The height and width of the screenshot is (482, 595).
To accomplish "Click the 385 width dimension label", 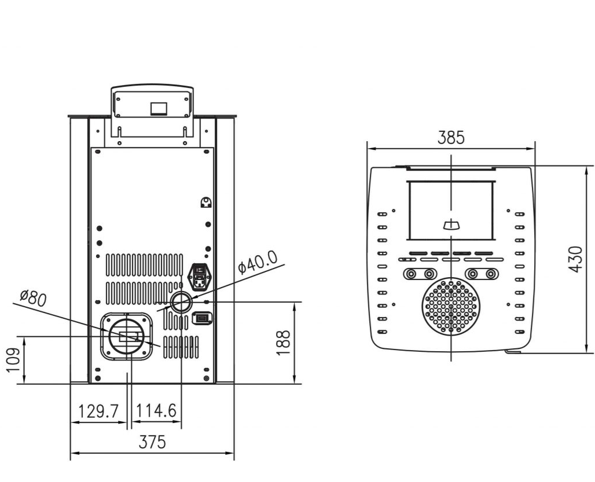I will point(451,138).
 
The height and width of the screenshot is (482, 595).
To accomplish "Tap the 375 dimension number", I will point(152,442).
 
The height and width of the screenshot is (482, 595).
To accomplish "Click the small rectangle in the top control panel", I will point(158,108).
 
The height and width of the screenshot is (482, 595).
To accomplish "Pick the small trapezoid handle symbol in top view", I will point(450,225).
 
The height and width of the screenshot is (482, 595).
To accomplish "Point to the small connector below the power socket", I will point(201,318).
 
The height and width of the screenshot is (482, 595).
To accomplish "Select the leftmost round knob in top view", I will point(410,273).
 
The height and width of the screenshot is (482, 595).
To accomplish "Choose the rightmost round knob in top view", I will point(491,273).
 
